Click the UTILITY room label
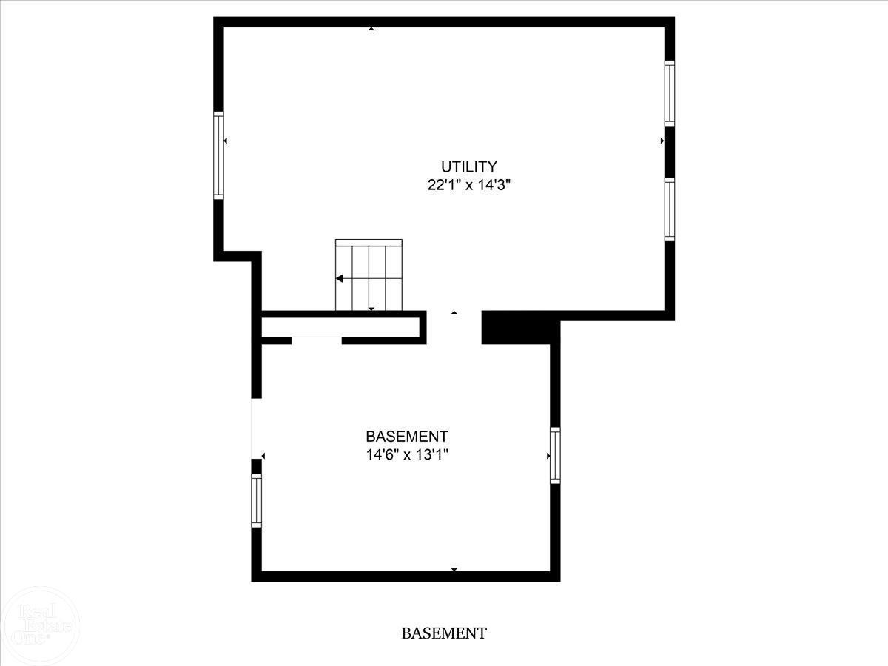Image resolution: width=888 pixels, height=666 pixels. click(x=469, y=166)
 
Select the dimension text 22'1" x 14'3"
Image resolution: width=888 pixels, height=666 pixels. click(x=469, y=185)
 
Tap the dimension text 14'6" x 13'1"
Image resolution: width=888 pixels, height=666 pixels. click(x=408, y=455)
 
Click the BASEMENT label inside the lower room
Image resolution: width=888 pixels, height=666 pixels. click(x=407, y=437)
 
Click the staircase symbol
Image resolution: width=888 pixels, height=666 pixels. click(x=369, y=275)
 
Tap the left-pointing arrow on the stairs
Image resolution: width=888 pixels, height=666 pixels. click(x=340, y=278)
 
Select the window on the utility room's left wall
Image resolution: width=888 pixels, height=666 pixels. click(x=218, y=155)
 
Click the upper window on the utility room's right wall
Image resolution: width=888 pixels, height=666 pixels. click(x=670, y=93)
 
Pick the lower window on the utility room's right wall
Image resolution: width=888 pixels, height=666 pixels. click(x=670, y=209)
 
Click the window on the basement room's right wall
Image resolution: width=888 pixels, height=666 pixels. click(x=556, y=455)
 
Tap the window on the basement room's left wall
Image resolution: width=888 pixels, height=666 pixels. click(x=257, y=500)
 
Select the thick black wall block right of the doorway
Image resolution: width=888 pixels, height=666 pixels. click(x=517, y=327)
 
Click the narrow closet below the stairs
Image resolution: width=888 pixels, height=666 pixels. click(x=340, y=327)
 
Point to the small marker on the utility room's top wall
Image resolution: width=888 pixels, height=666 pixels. click(x=371, y=29)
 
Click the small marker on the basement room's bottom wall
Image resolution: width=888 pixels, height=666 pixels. click(x=454, y=570)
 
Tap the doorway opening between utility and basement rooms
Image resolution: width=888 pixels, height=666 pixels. click(x=454, y=327)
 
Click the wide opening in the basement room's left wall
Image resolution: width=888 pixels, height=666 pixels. click(x=257, y=428)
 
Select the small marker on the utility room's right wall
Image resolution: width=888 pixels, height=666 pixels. click(x=662, y=141)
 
